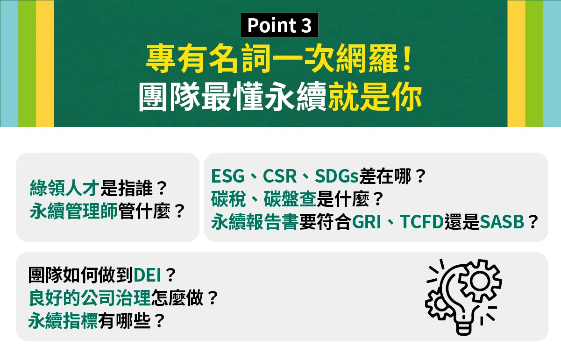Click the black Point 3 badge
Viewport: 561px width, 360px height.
click(279, 25)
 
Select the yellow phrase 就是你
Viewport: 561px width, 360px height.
click(375, 96)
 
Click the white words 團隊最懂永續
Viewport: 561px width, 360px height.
click(233, 96)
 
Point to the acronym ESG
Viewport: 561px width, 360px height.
click(227, 176)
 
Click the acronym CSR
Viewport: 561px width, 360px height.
click(280, 176)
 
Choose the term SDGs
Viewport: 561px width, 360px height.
click(337, 176)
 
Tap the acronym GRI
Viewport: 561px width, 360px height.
click(366, 222)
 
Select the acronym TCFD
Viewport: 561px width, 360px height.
click(422, 222)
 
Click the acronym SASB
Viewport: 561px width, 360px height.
click(502, 222)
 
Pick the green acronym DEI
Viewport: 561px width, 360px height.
click(148, 275)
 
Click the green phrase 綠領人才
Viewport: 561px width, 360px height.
click(64, 188)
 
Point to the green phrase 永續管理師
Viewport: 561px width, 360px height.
click(74, 211)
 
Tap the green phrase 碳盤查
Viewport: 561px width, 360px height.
click(290, 199)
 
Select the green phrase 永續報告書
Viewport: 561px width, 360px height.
click(255, 222)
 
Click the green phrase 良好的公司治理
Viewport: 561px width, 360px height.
click(90, 298)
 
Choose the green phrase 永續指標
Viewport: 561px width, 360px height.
click(63, 321)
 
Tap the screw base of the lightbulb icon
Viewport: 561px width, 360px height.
click(463, 328)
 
